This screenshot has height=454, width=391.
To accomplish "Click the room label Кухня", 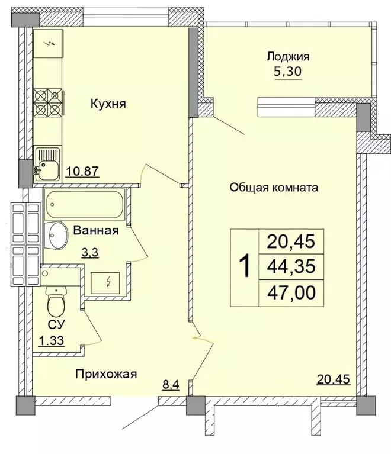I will click(x=109, y=104).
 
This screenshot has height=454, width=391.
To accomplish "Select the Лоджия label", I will click(x=288, y=57).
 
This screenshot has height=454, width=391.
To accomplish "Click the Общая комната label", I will click(x=274, y=188).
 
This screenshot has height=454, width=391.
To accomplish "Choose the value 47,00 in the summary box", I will click(x=291, y=292).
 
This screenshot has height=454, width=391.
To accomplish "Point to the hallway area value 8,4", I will click(x=172, y=387).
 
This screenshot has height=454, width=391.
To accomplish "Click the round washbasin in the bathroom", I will click(x=57, y=236).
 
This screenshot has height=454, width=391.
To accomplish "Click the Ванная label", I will click(x=96, y=230).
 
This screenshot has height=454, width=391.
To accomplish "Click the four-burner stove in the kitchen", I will click(x=47, y=104).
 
